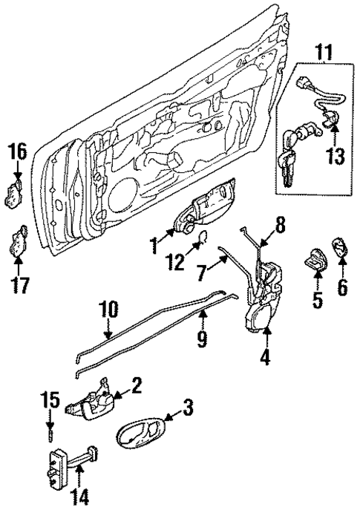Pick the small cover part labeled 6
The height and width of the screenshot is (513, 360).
pos(342,247)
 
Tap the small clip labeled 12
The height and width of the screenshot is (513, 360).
pos(200,239)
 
